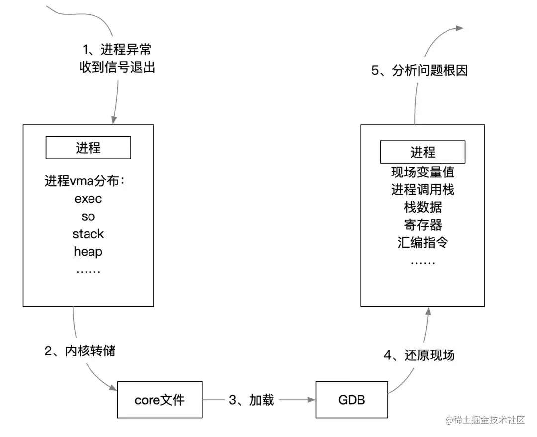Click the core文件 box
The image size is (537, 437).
(x=160, y=400)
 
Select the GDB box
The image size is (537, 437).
(x=352, y=400)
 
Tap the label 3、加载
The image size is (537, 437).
(x=252, y=400)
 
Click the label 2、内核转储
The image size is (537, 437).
(x=80, y=351)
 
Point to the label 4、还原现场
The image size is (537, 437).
(x=419, y=355)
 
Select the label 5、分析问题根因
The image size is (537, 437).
(x=420, y=71)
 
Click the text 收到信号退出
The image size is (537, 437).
(x=117, y=67)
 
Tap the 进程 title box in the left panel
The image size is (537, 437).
(x=88, y=148)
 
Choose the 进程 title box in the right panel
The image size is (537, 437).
(x=423, y=152)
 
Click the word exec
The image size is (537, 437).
(x=88, y=199)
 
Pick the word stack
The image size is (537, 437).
(x=88, y=234)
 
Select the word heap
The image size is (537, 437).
(x=88, y=252)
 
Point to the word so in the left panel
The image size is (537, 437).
(x=88, y=217)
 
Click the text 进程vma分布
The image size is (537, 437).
(x=85, y=181)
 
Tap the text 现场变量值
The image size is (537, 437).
(x=423, y=173)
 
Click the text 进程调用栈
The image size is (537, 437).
(x=423, y=190)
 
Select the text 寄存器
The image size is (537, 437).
(x=423, y=225)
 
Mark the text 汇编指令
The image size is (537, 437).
(x=423, y=242)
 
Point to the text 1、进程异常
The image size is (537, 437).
(x=117, y=50)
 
